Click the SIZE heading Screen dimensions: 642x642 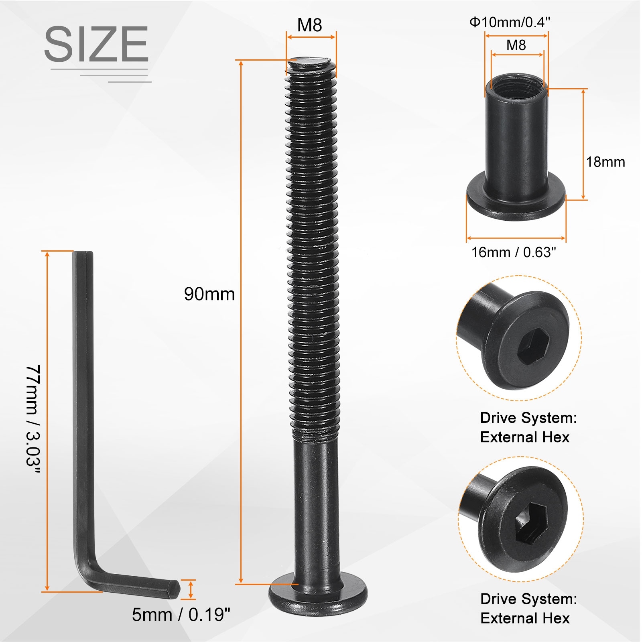coord(96,44)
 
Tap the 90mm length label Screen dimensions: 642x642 coord(209,294)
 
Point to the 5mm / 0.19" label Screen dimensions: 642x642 coord(181,614)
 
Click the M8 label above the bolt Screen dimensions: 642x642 coord(309,25)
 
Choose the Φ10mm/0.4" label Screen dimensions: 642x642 coord(510,22)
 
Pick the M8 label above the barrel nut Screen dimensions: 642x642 coord(516,45)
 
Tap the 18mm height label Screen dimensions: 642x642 coord(605,162)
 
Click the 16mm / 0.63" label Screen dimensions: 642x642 coord(514,252)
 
